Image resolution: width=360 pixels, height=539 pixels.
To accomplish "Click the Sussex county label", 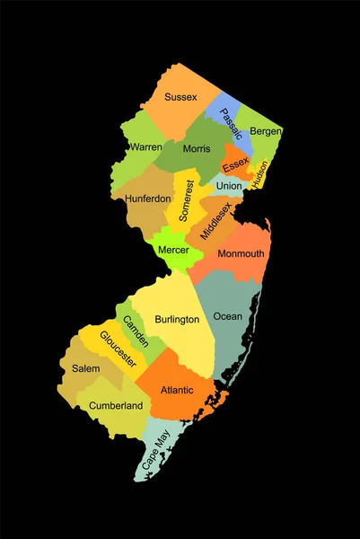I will click(180, 96).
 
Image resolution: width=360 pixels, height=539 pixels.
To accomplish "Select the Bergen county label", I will click(265, 131).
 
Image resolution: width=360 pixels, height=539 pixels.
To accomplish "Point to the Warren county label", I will click(145, 146).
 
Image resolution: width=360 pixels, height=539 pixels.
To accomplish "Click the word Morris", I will click(196, 148).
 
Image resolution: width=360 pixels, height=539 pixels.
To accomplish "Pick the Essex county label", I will click(235, 164).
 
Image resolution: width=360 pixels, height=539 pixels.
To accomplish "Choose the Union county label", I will click(229, 186).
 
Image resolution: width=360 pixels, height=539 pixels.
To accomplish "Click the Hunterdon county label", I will click(148, 199).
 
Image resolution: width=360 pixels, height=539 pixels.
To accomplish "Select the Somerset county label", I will click(185, 201).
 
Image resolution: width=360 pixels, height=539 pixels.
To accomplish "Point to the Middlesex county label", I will click(216, 220).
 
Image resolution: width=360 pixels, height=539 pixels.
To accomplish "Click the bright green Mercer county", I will click(173, 249).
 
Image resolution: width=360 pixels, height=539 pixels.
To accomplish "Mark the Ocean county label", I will click(227, 316).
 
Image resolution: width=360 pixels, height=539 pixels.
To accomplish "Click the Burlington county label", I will click(178, 319).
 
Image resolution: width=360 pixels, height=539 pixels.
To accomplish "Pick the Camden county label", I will click(136, 331).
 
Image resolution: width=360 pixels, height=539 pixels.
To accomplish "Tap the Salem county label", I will click(80, 368).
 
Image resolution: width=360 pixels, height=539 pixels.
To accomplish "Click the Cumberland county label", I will click(116, 406).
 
